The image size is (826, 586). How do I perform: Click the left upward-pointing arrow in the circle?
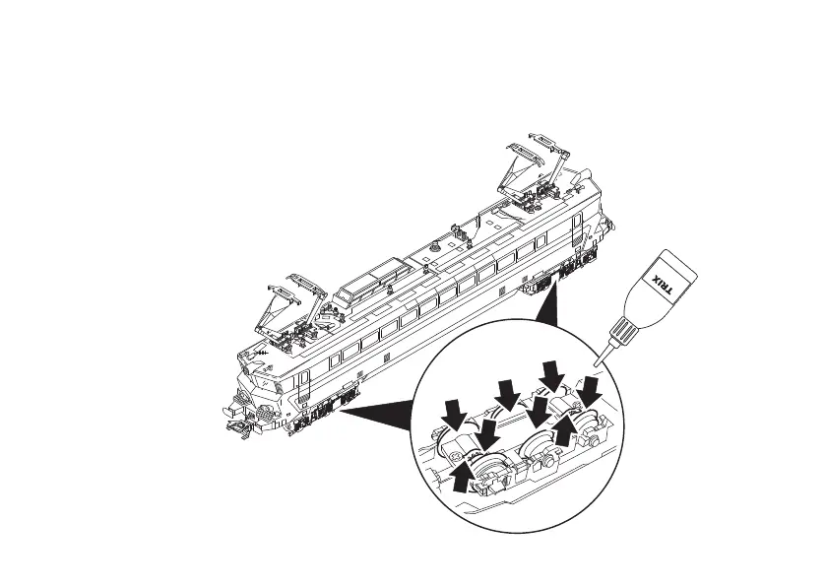point(461,475)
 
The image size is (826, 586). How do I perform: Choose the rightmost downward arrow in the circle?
point(591,392)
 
